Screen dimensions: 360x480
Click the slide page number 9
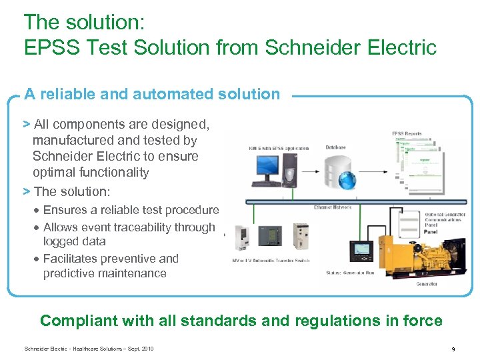pyautogui.click(x=453, y=349)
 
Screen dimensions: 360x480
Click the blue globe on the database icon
pyautogui.click(x=347, y=179)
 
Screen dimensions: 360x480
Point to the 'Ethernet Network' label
pyautogui.click(x=332, y=207)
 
